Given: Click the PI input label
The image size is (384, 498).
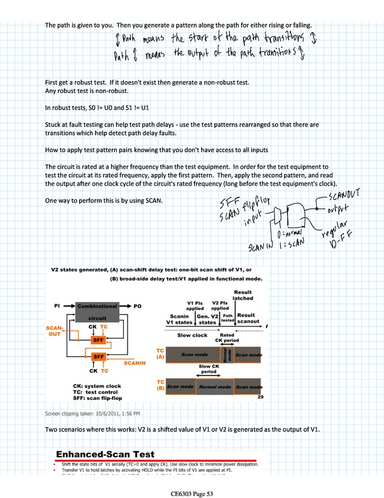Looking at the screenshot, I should (58, 305).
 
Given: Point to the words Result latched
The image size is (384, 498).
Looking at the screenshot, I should (243, 295).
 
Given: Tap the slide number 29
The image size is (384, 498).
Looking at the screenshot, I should (260, 397).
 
